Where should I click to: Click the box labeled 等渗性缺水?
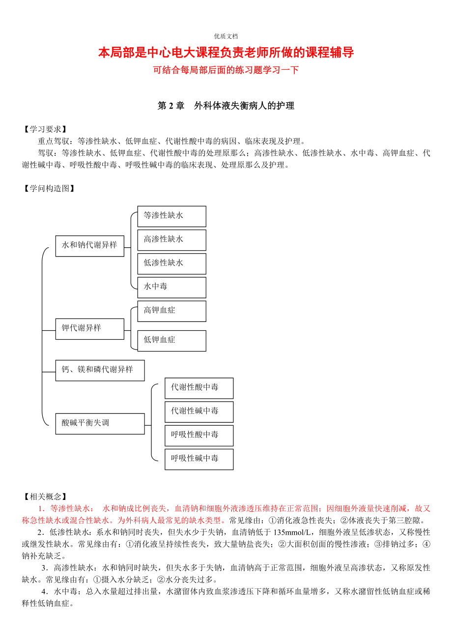pos(171,216)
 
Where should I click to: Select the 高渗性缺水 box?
pos(171,240)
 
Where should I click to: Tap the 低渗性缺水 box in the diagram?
pos(171,263)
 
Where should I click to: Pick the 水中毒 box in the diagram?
pos(171,287)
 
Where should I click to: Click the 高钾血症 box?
pos(171,311)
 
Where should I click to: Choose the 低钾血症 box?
pos(171,341)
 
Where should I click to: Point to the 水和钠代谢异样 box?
pos(89,246)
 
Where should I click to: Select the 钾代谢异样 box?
pos(89,329)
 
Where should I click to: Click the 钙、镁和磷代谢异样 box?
pos(100,370)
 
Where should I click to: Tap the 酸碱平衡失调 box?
pos(100,424)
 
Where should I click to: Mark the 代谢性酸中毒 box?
pos(198,388)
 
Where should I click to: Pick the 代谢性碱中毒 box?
pos(198,411)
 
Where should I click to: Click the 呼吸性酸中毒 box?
pos(198,436)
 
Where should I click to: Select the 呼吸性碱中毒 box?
pos(198,459)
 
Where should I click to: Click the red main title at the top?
pos(226,53)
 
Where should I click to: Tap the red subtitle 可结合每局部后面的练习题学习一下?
pos(226,70)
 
